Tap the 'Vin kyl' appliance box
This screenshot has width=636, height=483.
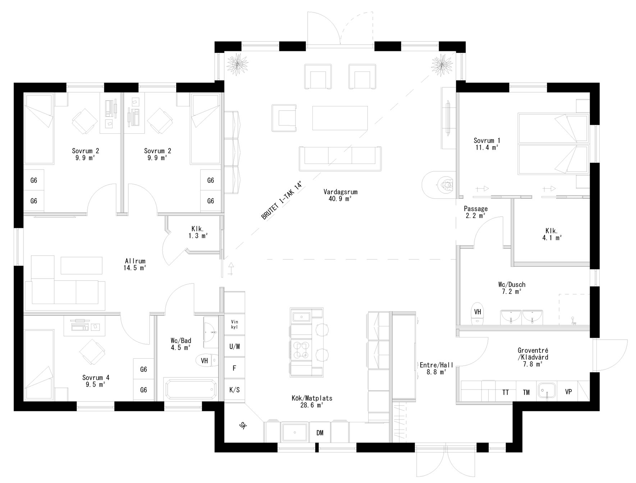[x=234, y=325]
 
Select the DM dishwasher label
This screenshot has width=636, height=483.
[x=320, y=433]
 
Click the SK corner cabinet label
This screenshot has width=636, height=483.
[x=243, y=426]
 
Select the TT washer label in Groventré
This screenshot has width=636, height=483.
[x=505, y=392]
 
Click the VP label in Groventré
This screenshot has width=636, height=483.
[x=568, y=392]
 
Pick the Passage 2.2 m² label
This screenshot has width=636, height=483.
[x=475, y=212]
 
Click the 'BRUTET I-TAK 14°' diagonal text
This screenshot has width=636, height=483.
[x=282, y=201]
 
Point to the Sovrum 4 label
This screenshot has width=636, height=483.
[x=96, y=381]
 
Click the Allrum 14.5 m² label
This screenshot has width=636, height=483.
[x=135, y=264]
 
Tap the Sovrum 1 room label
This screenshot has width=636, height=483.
[x=486, y=143]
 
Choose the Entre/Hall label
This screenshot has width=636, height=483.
[x=436, y=368]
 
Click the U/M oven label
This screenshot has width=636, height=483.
[x=234, y=347]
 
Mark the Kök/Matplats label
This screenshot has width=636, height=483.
[x=312, y=401]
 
